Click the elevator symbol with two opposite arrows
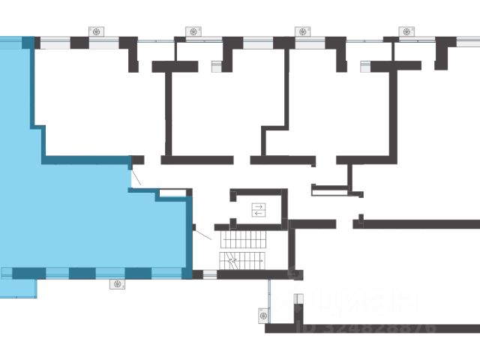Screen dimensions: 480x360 tap(259, 209)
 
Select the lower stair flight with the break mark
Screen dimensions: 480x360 tap(241, 260)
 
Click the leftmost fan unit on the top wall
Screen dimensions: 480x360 tap(98, 31)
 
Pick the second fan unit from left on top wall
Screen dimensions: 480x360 tap(193, 31)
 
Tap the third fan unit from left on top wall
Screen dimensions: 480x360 tap(303, 31)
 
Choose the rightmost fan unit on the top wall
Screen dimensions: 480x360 tap(407, 31)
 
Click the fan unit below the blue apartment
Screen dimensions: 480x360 tap(117, 283)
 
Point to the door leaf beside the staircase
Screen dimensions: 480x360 tap(202, 233)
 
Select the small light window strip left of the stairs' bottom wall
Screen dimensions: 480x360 tap(209, 274)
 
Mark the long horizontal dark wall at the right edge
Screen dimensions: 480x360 tap(420, 223)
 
